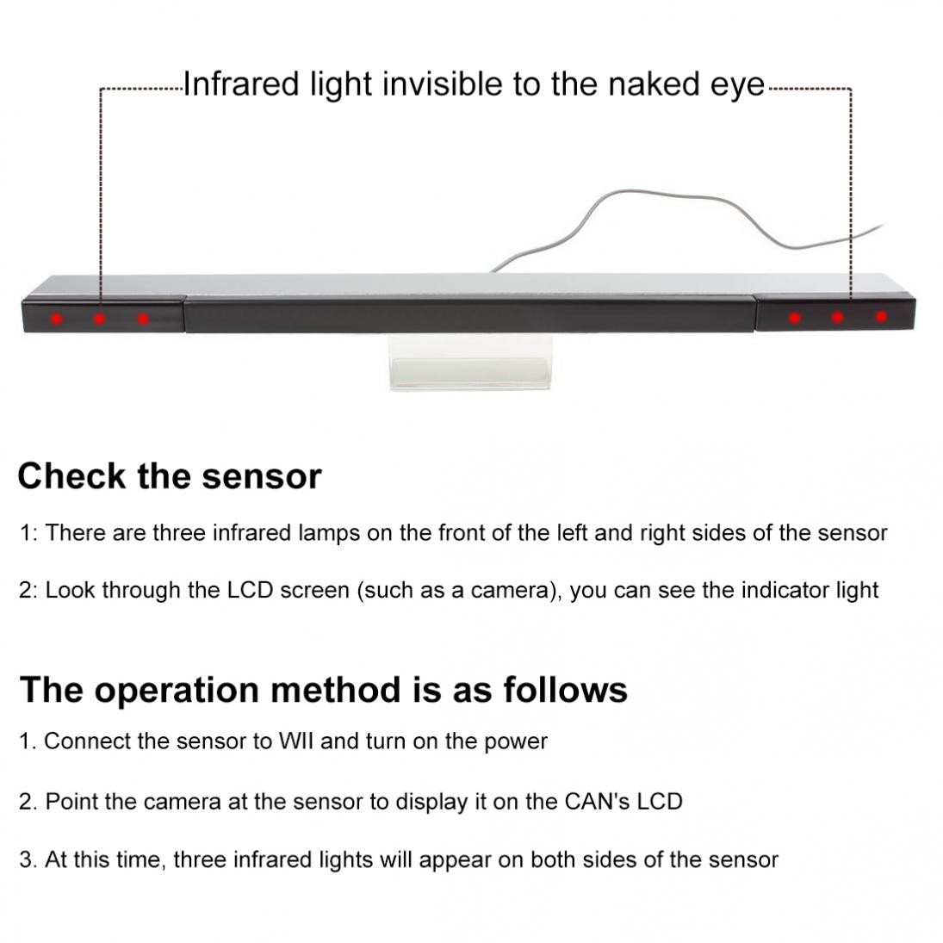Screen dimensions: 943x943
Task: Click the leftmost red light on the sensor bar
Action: point(57,318)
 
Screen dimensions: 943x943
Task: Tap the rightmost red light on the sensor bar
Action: point(881,316)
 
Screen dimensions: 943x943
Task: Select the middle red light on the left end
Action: point(100,318)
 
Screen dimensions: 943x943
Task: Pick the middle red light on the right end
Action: point(838,317)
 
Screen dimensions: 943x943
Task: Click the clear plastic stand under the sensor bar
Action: point(469,362)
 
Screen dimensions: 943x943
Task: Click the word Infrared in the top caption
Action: point(241,84)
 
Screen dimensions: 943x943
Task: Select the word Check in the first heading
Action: point(71,476)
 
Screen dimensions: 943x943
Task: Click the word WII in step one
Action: point(296,741)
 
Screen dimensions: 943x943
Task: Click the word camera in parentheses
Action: point(511,591)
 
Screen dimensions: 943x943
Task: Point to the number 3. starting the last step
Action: point(28,860)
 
